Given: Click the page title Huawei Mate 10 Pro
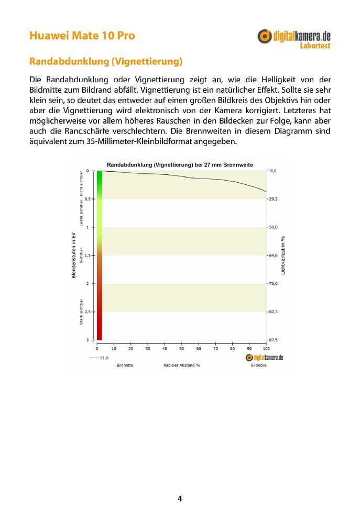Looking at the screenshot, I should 82,36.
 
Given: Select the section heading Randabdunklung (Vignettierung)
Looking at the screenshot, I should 106,62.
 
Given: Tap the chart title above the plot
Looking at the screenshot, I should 180,164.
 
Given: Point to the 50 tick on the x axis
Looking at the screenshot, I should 182,348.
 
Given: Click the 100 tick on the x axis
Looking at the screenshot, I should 266,348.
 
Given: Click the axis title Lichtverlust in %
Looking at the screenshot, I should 283,256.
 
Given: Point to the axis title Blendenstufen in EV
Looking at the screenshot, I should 74,256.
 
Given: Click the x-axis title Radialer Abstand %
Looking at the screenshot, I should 181,365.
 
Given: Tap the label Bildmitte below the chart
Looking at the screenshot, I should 125,365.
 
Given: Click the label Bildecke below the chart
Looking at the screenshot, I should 258,365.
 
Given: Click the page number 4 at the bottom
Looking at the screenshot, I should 180,498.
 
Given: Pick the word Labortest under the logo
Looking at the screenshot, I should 315,46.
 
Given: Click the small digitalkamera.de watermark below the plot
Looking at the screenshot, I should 264,357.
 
